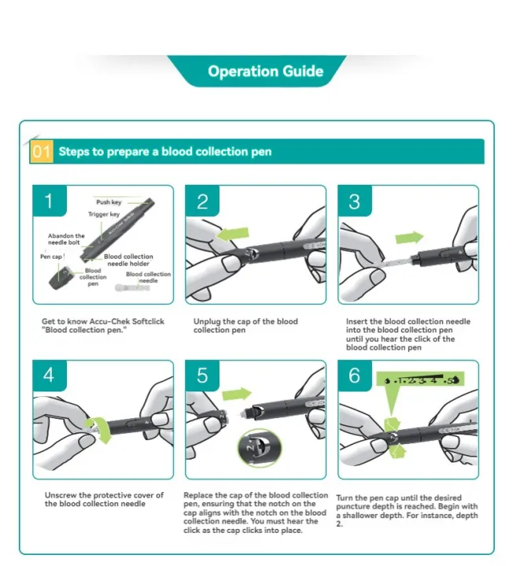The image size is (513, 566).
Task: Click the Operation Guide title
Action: [x=265, y=71]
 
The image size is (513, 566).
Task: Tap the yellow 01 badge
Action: [x=41, y=151]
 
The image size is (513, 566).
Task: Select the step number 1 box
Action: [x=50, y=200]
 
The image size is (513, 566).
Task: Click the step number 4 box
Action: [x=50, y=376]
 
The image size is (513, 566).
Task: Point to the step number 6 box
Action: [x=355, y=376]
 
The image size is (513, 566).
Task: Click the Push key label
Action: [x=109, y=202]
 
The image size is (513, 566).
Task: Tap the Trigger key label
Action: [x=104, y=214]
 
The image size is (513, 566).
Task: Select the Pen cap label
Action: [x=51, y=256]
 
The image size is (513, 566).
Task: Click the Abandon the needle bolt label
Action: [x=66, y=239]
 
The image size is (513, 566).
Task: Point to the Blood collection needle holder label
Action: [x=128, y=260]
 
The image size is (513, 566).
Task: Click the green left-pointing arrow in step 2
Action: [x=233, y=234]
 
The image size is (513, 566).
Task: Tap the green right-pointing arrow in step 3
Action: [x=409, y=238]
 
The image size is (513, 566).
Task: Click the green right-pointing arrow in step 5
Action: [x=237, y=394]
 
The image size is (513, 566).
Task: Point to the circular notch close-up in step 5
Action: [x=260, y=448]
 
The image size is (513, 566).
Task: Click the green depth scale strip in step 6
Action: [x=420, y=380]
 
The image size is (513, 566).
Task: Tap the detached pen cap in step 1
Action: [x=60, y=278]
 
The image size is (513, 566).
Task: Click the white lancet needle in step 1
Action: [x=132, y=288]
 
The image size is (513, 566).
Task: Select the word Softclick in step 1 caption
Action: [x=148, y=322]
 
